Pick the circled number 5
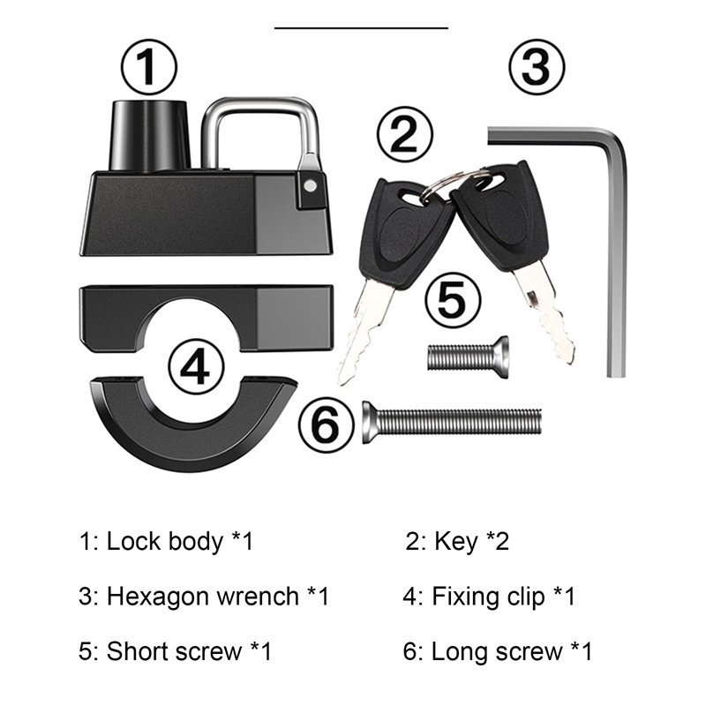click(x=452, y=300)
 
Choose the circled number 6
click(x=327, y=426)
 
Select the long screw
click(x=451, y=423)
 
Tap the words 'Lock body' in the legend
click(x=165, y=541)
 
